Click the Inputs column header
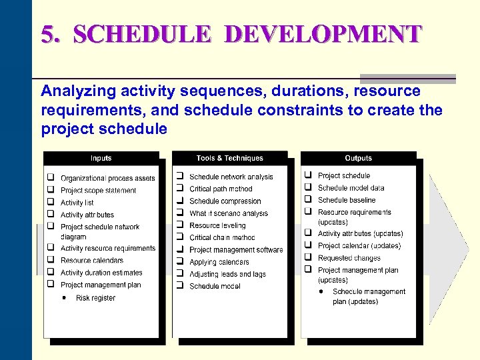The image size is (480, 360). (101, 158)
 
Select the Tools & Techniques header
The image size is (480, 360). (229, 158)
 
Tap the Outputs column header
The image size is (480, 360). (358, 158)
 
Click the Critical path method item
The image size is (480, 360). (221, 189)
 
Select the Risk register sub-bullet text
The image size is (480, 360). (95, 298)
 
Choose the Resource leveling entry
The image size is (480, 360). (217, 225)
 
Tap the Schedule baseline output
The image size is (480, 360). (347, 200)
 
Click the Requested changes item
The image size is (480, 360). (349, 258)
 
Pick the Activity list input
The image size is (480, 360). (77, 203)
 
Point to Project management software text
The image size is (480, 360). (236, 250)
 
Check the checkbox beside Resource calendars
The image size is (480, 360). (50, 260)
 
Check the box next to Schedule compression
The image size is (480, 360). (179, 201)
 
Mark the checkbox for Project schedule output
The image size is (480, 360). (308, 175)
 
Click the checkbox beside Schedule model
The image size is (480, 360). (179, 285)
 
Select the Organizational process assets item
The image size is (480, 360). (108, 179)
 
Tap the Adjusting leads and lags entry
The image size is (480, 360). (227, 274)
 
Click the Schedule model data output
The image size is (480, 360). (351, 188)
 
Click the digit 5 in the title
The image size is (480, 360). (47, 34)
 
